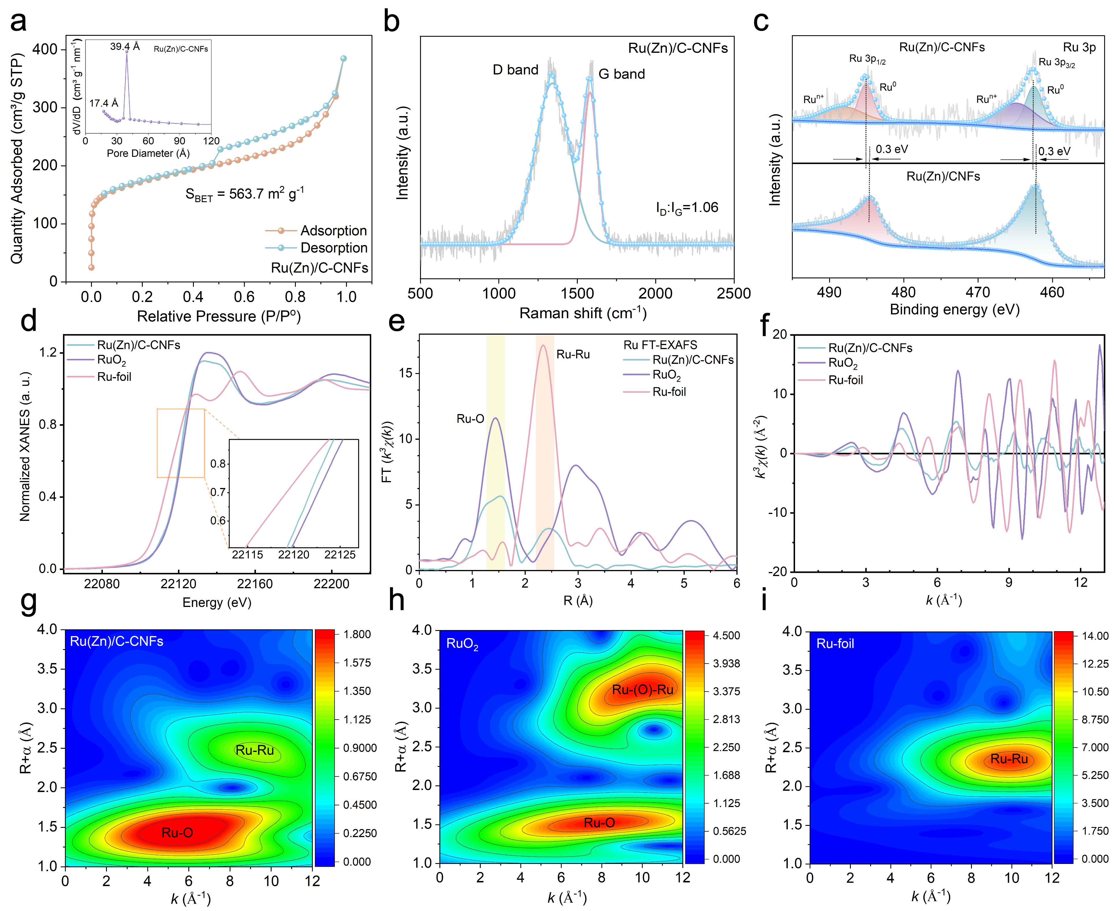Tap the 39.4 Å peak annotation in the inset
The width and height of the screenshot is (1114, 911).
tap(125, 47)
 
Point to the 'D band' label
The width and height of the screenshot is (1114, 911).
tap(515, 70)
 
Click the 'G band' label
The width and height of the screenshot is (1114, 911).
tap(622, 74)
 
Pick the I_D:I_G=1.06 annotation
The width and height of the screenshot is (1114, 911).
tap(687, 208)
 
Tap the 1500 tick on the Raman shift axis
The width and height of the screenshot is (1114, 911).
tap(577, 293)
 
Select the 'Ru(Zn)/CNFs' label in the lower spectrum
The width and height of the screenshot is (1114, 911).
tap(943, 176)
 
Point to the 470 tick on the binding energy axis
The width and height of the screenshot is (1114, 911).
tap(978, 292)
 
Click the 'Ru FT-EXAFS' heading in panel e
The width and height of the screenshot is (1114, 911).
tap(660, 345)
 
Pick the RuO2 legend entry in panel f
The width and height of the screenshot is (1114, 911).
tap(843, 363)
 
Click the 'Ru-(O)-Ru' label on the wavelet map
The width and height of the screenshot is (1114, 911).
tap(643, 690)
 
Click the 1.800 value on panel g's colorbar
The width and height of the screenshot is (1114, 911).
tap(357, 634)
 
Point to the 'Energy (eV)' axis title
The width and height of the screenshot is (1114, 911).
tap(217, 602)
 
